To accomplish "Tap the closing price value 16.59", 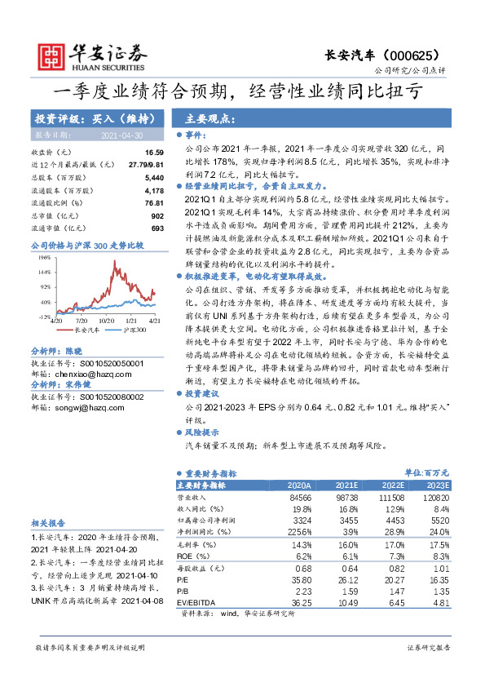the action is coord(155,153).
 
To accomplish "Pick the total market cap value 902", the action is coord(158,215).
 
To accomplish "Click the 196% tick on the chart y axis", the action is coord(45,256).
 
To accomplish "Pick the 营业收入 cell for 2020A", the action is coord(300,496).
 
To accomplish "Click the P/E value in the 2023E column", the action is coord(439,580).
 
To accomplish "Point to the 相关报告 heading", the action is coord(50,521).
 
